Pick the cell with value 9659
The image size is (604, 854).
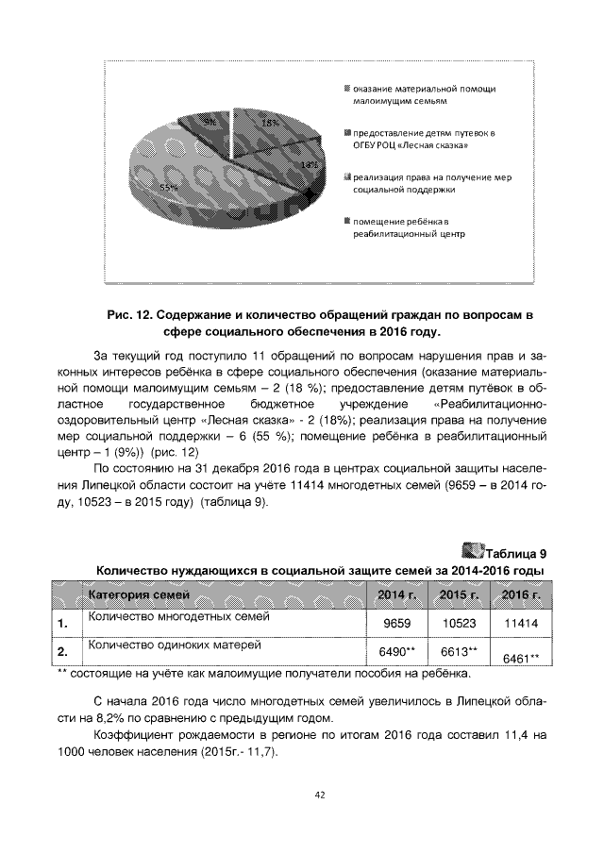395,624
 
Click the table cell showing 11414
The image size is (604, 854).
520,624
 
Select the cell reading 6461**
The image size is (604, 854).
520,658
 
